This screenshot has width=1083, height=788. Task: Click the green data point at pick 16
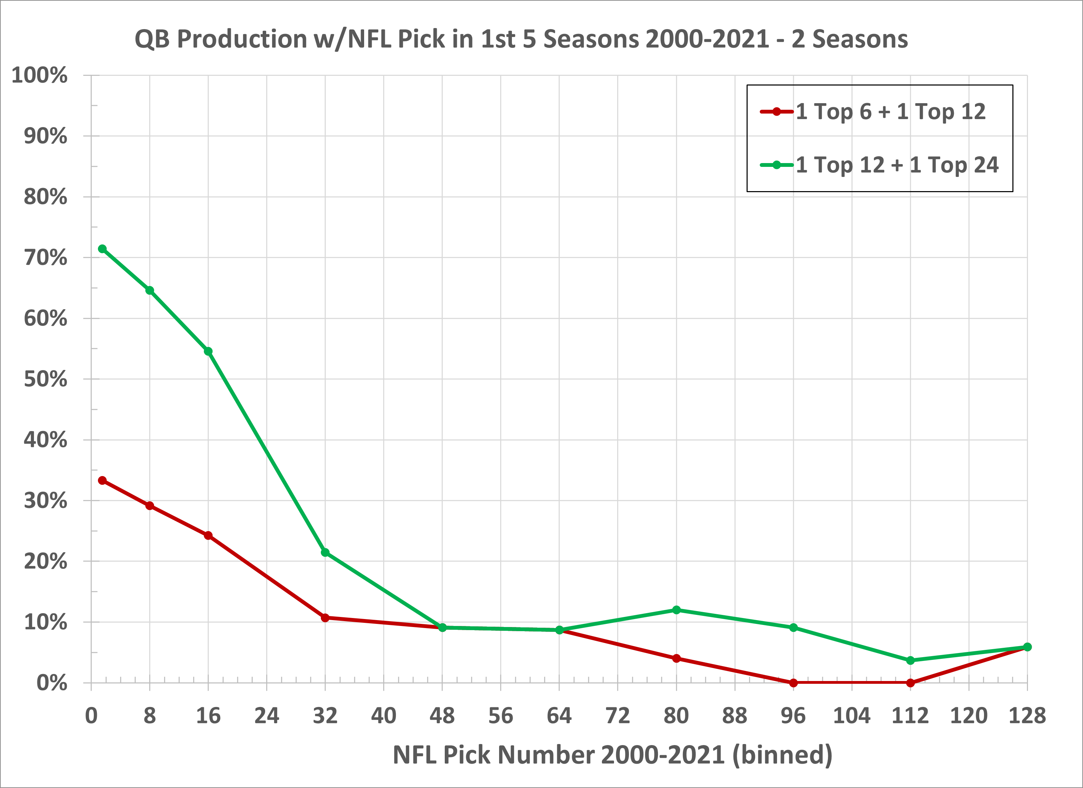[x=208, y=351]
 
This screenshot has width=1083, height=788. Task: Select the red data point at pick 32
[x=325, y=618]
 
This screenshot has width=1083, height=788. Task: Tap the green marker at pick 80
[x=676, y=610]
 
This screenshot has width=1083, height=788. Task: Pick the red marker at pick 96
[x=794, y=683]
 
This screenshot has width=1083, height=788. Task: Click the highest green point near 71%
[x=102, y=249]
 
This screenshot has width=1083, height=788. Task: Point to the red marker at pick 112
[x=910, y=683]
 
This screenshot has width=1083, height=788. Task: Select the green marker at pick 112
[x=910, y=661]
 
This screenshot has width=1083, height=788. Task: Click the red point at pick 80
[x=676, y=659]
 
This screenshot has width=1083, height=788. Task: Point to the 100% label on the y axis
[x=40, y=75]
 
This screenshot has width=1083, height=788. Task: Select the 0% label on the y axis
[x=52, y=683]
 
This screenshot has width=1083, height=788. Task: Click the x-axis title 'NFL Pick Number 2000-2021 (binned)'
[x=612, y=755]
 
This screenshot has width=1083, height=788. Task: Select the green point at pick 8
[x=150, y=290]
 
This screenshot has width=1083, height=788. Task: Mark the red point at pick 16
[x=208, y=535]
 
